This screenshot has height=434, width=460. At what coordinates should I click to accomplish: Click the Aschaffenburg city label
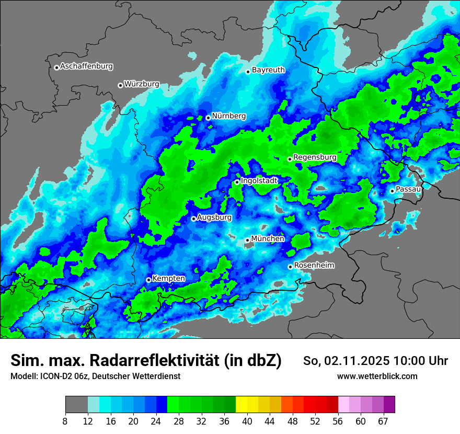tap(86, 66)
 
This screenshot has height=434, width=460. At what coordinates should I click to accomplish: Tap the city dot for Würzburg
tap(120, 85)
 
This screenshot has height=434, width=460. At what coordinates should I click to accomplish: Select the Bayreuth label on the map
tap(268, 70)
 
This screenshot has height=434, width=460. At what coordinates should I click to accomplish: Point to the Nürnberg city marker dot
tap(208, 118)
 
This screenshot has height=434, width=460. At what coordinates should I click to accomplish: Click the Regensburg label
tap(315, 157)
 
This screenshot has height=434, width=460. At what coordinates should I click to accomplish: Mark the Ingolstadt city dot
tap(237, 182)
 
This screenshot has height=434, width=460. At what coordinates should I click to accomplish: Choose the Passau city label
tap(408, 189)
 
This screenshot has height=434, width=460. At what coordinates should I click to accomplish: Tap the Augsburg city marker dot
tap(193, 219)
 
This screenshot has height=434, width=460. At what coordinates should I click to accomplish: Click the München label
tap(268, 238)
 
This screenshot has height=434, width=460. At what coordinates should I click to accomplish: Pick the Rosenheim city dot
tap(290, 267)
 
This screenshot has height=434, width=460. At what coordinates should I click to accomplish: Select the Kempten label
tap(168, 278)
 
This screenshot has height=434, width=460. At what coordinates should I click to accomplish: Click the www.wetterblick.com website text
tap(377, 376)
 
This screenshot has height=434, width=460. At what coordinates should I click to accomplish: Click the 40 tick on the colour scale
tap(247, 421)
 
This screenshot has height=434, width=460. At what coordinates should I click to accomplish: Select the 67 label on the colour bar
tap(383, 421)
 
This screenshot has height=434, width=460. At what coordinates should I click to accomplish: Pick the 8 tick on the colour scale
tap(65, 421)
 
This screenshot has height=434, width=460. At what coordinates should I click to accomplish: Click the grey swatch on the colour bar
tap(76, 405)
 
